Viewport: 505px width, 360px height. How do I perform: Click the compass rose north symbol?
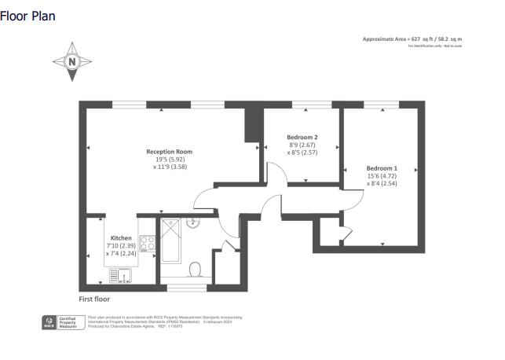pyautogui.click(x=72, y=61)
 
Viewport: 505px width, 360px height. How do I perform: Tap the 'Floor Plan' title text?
pyautogui.click(x=28, y=16)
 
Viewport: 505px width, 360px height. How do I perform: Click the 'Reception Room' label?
pyautogui.click(x=169, y=152)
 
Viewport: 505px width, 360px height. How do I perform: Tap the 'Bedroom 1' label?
pyautogui.click(x=382, y=168)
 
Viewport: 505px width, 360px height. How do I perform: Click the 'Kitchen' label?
pyautogui.click(x=121, y=237)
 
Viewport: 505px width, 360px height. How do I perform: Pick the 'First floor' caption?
pyautogui.click(x=94, y=299)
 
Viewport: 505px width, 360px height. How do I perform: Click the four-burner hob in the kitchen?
pyautogui.click(x=146, y=244)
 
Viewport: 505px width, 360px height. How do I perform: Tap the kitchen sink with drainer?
pyautogui.click(x=119, y=275)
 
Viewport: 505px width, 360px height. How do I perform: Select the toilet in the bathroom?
pyautogui.click(x=196, y=269)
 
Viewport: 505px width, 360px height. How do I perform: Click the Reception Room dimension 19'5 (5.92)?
pyautogui.click(x=169, y=160)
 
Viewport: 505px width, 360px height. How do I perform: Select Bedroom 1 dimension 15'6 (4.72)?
pyautogui.click(x=382, y=177)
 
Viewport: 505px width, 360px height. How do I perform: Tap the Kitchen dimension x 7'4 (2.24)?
pyautogui.click(x=122, y=253)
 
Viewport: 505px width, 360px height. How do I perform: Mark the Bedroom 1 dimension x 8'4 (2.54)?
pyautogui.click(x=382, y=185)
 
